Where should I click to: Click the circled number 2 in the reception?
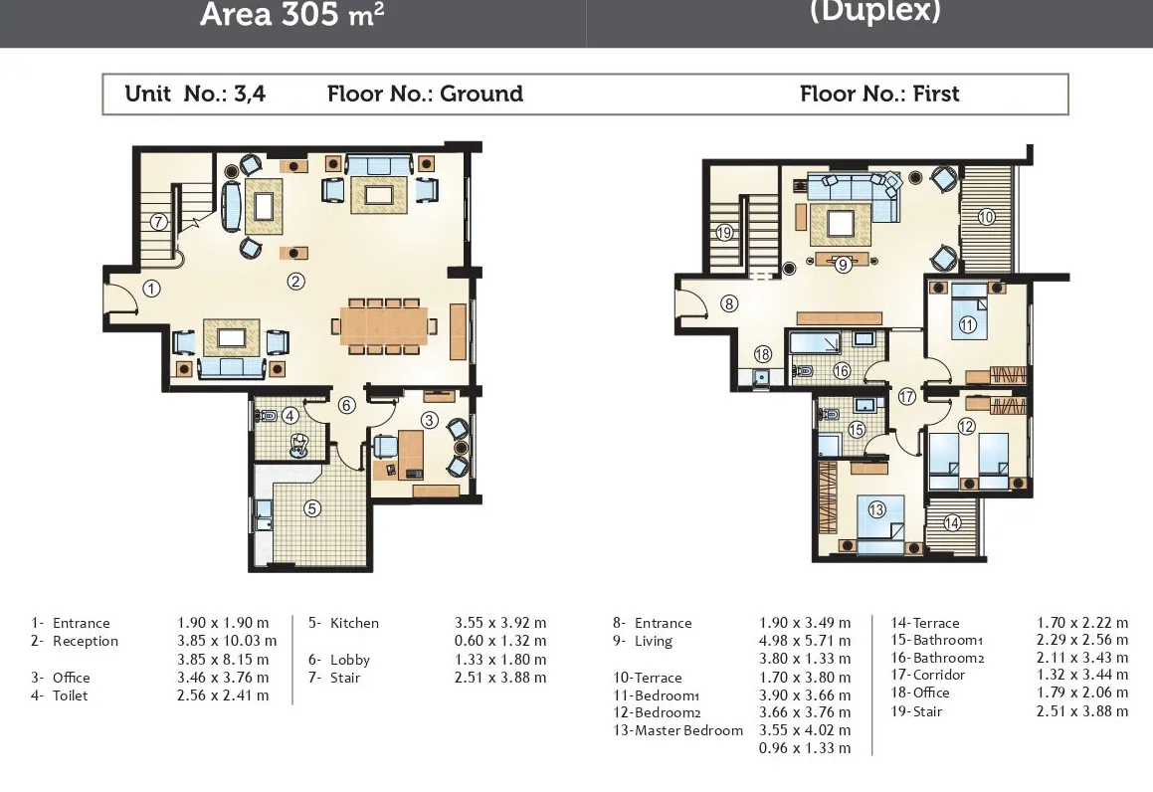pos(295,281)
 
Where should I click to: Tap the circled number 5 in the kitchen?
pos(312,508)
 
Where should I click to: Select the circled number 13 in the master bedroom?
pos(876,509)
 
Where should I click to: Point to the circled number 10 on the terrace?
pos(987,217)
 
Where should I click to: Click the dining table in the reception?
pos(384,325)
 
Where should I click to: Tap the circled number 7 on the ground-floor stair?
pos(159,221)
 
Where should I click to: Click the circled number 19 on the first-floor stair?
pos(724,233)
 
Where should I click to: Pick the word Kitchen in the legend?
pos(354,623)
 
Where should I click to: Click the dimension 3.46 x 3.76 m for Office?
pos(223,678)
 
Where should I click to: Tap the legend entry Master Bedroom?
pos(688,730)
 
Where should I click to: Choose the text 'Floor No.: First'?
pos(879,94)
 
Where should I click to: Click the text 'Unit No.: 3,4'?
pos(195,94)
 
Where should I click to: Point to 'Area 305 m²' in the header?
pos(291,14)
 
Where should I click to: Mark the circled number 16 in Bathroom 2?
pos(842,371)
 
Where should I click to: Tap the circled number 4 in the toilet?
pos(290,416)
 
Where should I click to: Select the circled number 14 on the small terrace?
pos(951,522)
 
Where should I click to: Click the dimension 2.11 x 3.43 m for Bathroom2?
pos(1081,658)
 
